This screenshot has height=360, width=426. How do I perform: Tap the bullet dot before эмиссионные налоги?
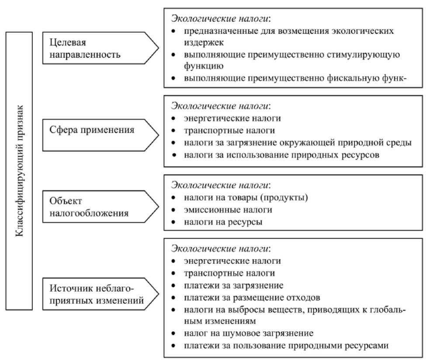coord(174,210)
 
